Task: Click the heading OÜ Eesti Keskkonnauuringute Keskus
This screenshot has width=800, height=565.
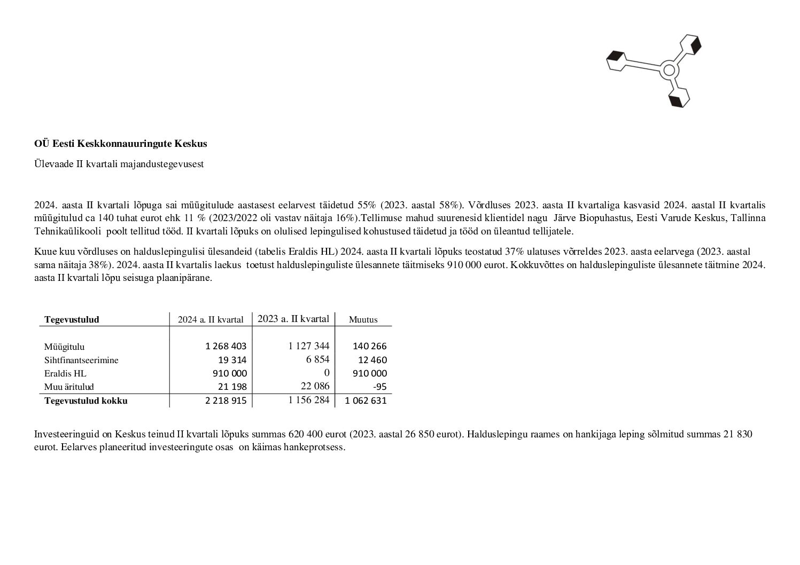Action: click(120, 144)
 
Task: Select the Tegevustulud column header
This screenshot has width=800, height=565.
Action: click(72, 320)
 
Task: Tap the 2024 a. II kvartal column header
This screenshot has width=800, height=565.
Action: click(211, 320)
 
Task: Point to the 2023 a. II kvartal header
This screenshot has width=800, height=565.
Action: click(293, 319)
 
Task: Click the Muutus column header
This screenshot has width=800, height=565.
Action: click(363, 320)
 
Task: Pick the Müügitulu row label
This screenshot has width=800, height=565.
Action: click(64, 347)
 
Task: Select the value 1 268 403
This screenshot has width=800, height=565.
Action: click(226, 347)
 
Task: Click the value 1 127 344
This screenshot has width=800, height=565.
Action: click(308, 346)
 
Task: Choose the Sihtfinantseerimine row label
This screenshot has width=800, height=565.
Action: click(81, 360)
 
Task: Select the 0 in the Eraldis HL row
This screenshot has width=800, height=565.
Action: click(327, 373)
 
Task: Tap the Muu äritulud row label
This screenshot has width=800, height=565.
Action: click(69, 387)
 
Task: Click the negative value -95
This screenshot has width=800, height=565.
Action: click(380, 387)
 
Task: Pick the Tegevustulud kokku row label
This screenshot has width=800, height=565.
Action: click(86, 401)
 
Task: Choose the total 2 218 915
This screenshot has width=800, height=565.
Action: click(226, 401)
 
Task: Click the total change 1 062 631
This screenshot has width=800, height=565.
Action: click(366, 401)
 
